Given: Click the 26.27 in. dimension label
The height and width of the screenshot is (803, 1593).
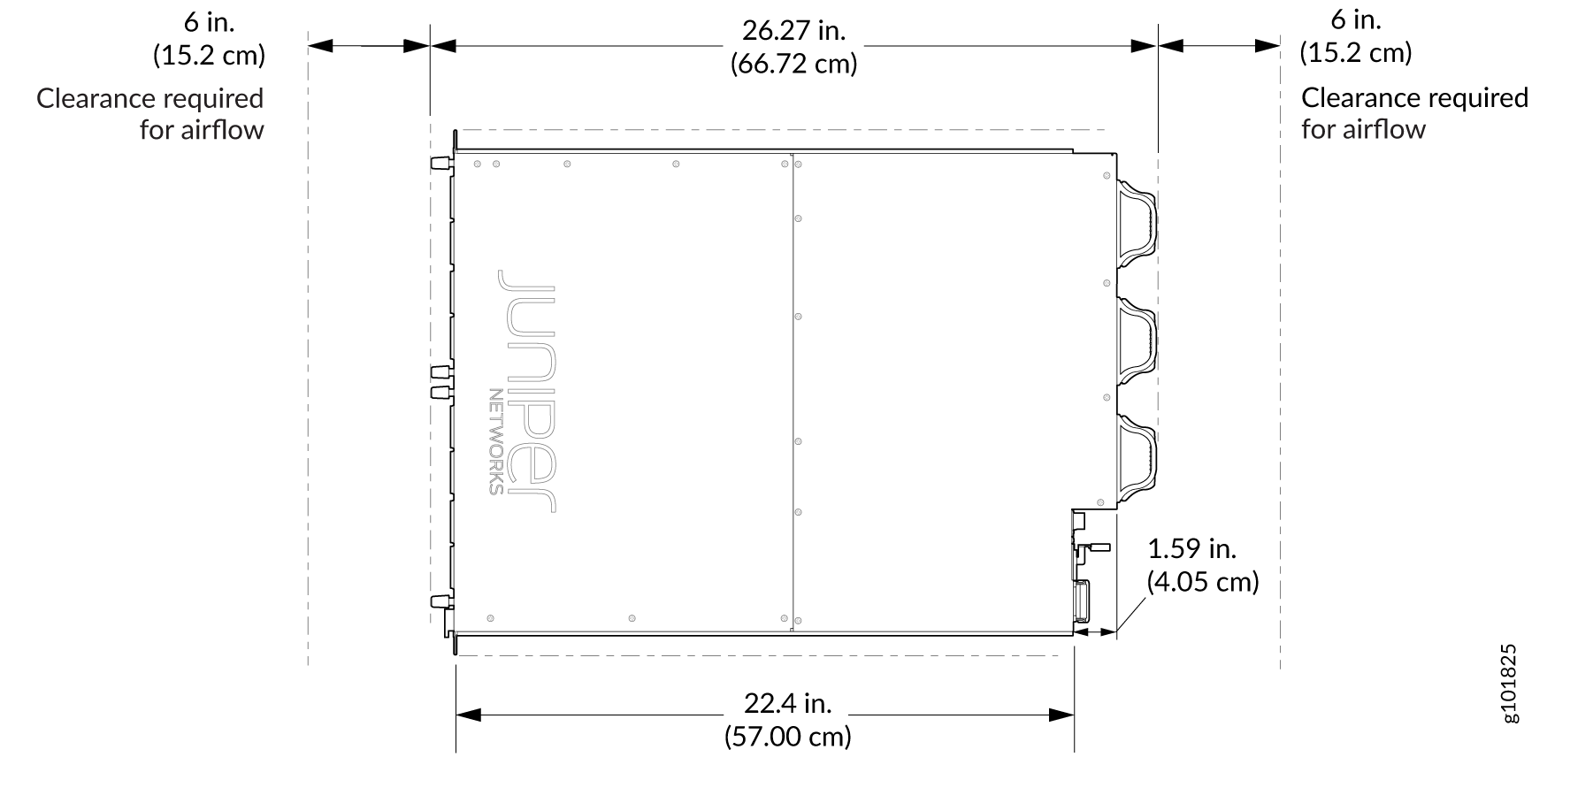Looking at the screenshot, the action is click(x=793, y=31).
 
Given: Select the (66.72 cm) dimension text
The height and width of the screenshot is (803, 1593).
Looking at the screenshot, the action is click(x=793, y=65).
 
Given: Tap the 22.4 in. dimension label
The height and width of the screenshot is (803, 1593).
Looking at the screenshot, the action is click(x=788, y=703).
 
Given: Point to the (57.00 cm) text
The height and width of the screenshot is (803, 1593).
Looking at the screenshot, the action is click(x=788, y=737).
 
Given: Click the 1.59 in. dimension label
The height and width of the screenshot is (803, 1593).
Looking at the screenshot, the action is click(x=1191, y=549).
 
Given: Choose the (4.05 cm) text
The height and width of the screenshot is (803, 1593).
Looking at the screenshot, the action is click(x=1203, y=582).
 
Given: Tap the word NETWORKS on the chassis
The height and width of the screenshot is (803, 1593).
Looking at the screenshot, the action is click(x=496, y=441).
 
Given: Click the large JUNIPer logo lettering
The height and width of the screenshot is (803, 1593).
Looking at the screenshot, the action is click(x=527, y=391).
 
